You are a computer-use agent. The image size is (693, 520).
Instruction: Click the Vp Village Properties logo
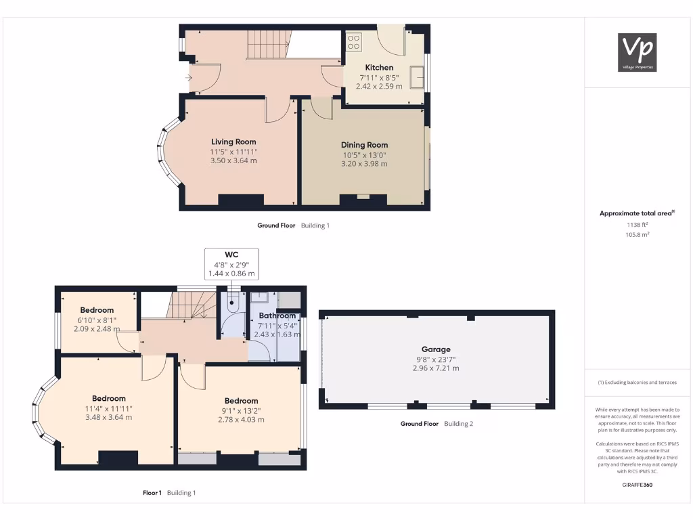(638, 52)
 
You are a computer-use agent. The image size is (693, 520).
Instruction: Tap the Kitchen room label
(379, 68)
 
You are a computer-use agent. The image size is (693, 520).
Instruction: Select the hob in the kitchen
(353, 43)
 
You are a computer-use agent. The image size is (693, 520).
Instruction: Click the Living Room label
(233, 142)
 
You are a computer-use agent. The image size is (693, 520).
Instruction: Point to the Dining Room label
(364, 145)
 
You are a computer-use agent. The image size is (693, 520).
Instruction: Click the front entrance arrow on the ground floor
(188, 77)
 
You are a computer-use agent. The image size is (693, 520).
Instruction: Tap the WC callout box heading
(231, 255)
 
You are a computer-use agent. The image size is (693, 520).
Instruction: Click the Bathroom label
(277, 316)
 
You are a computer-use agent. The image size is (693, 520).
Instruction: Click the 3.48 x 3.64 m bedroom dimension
(108, 417)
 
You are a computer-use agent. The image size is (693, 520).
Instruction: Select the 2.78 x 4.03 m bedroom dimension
(241, 420)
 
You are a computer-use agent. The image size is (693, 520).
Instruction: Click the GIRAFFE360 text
(638, 485)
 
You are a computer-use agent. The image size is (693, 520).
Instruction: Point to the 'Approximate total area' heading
(637, 213)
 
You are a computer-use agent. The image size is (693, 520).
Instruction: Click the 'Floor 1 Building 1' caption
(169, 493)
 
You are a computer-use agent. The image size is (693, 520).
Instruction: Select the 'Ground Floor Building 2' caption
(436, 424)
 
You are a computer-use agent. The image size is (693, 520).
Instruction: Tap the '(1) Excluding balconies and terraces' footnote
(637, 383)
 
